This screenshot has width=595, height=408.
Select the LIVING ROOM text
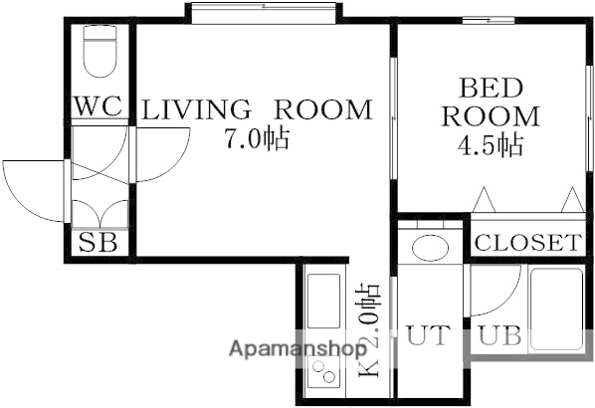tap(256, 109)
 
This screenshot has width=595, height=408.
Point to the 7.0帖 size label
tap(256, 139)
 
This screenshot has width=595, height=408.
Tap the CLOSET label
tap(526, 242)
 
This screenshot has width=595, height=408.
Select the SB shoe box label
tap(99, 242)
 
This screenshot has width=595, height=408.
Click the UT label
tap(429, 336)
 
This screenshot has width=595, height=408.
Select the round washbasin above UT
tap(430, 248)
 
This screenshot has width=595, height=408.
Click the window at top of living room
tap(264, 11)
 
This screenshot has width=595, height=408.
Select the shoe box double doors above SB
tap(99, 211)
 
